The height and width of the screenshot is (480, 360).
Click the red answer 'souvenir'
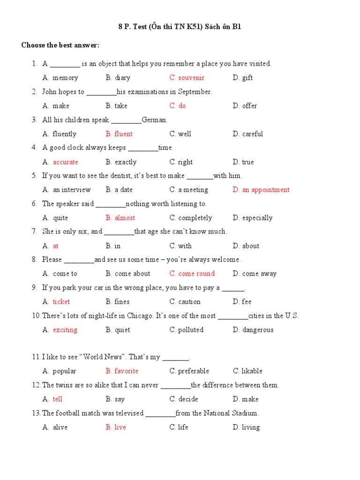click(x=191, y=78)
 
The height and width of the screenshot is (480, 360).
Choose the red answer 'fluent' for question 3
click(x=123, y=134)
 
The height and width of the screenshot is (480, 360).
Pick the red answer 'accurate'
click(x=66, y=162)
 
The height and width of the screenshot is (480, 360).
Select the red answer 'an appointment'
click(x=266, y=190)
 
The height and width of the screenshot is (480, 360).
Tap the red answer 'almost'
click(x=125, y=218)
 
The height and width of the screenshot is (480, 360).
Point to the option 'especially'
click(x=257, y=218)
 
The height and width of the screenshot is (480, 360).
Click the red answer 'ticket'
click(x=61, y=302)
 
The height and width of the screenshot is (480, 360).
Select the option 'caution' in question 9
click(x=189, y=302)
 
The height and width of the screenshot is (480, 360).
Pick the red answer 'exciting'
click(x=65, y=330)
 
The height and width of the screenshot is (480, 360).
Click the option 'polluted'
click(x=191, y=330)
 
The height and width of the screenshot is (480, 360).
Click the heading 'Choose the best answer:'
click(x=60, y=45)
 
